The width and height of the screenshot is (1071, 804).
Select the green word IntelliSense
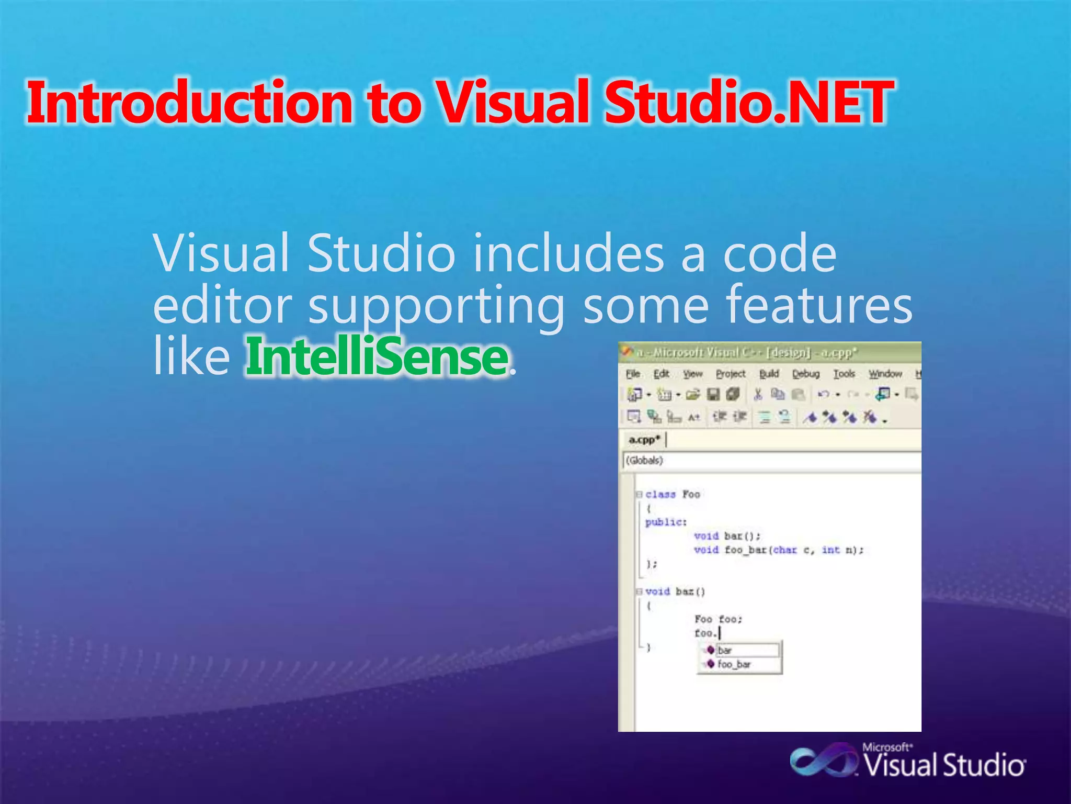coord(377,358)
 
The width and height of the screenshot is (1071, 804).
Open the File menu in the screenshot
coord(633,374)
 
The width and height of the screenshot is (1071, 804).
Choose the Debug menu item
coord(805,374)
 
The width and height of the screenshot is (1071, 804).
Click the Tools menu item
coord(844,374)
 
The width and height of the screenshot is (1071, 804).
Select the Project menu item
coord(730,374)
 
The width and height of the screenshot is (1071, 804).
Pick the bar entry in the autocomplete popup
coord(725,650)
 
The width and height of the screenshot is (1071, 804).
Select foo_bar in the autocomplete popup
coord(734,664)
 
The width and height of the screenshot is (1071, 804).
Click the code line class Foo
coord(673,494)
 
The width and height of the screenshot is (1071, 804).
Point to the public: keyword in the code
coord(665,522)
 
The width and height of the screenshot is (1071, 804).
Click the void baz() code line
coord(675,591)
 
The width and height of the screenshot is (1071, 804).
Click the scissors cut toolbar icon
coord(758,394)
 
